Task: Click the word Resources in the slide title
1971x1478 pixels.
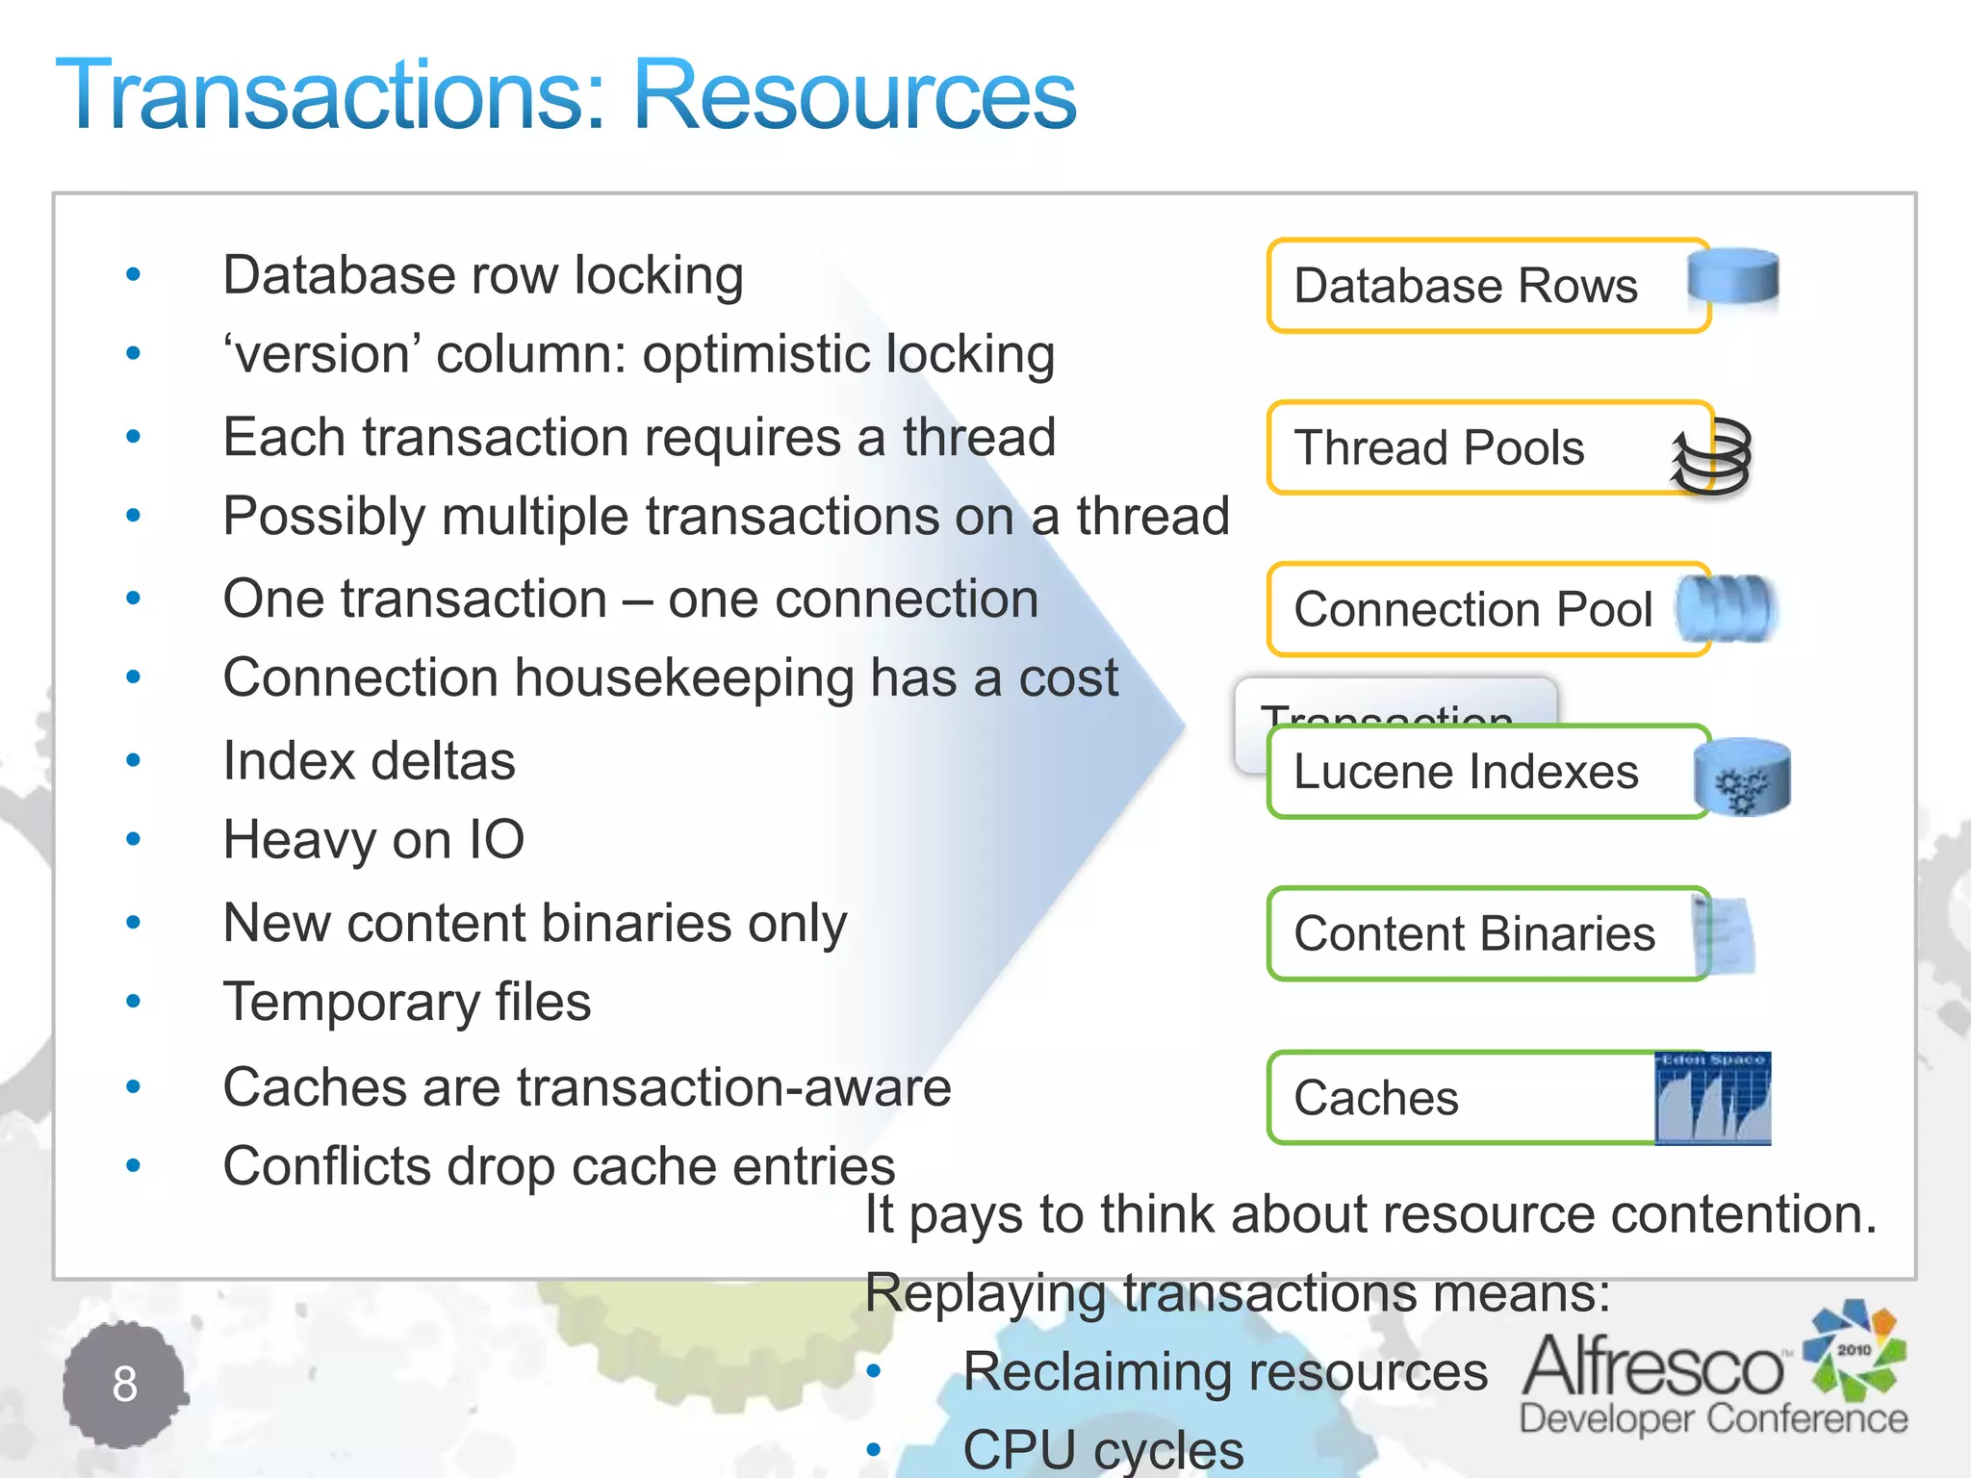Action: (855, 94)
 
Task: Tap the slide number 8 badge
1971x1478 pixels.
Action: (125, 1384)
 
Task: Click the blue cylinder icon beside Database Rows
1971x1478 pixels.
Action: (1733, 277)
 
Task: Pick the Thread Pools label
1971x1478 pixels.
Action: (1439, 447)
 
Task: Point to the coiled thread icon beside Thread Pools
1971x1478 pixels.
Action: (1713, 457)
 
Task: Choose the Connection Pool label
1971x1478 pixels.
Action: (1472, 609)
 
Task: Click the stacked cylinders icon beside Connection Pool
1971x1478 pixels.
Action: (1727, 608)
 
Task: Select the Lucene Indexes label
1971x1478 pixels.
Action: (1465, 772)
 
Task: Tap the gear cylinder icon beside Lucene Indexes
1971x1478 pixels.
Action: (1742, 777)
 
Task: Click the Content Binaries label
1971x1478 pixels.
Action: (1474, 933)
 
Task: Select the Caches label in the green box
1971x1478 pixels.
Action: (1376, 1098)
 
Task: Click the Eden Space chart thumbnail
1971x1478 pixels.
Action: (1712, 1098)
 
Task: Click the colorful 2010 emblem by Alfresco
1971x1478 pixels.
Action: (1855, 1350)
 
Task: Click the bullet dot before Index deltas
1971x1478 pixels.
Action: (134, 761)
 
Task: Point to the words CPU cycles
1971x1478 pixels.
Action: (1103, 1449)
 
